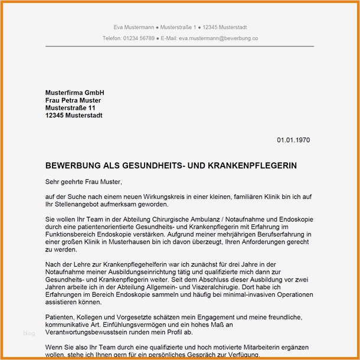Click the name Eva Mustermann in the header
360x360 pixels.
133,27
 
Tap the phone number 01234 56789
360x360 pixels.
139,38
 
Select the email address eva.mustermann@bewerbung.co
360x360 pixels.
218,38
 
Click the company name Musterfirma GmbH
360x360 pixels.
74,93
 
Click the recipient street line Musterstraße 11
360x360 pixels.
70,109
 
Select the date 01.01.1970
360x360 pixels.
293,140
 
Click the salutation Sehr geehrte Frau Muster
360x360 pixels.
83,183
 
